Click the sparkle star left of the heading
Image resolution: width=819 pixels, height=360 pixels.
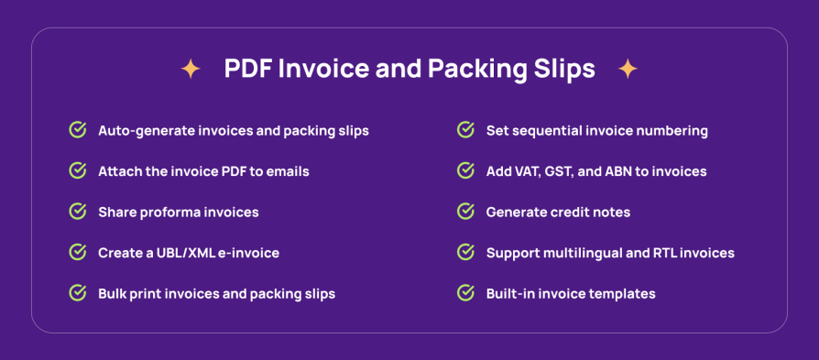[x=191, y=69]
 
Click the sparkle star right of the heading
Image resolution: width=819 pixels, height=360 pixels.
[x=628, y=69]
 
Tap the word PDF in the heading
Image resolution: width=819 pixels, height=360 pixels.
[x=247, y=69]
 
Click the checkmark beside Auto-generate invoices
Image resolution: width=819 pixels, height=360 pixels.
[x=78, y=130]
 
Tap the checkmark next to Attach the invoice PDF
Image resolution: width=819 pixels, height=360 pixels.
[x=78, y=171]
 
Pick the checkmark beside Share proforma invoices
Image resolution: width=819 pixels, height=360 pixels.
[x=78, y=212]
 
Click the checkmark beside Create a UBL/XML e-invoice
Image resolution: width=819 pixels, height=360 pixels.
[x=78, y=253]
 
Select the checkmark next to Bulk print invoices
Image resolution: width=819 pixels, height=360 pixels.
[x=78, y=294]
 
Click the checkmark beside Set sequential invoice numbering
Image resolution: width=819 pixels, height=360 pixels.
[x=466, y=130]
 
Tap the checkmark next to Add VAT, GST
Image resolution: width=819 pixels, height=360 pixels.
[x=466, y=171]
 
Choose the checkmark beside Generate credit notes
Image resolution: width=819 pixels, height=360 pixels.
[x=466, y=212]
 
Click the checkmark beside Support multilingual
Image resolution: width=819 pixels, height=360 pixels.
[x=466, y=253]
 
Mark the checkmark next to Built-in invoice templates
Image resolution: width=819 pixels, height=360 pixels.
[x=466, y=294]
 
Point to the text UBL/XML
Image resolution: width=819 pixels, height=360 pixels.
[x=184, y=253]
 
